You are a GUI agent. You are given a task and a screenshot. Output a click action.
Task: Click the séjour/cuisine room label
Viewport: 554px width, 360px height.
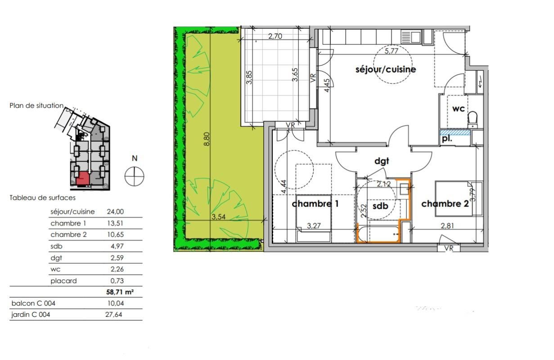(385, 70)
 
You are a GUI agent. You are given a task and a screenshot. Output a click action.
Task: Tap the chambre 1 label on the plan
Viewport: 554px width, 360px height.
(315, 204)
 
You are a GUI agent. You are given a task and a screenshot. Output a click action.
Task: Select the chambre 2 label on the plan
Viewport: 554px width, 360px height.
(445, 204)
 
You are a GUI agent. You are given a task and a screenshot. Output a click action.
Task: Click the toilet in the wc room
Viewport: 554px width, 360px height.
(472, 120)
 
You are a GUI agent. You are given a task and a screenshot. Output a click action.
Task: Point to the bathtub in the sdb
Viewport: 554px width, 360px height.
(378, 234)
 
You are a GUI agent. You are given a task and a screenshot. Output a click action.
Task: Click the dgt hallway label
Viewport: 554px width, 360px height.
(382, 161)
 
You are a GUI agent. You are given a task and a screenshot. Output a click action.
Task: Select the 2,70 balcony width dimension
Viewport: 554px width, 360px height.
(275, 36)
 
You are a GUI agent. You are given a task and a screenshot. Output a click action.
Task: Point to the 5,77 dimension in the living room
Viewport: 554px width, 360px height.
(392, 51)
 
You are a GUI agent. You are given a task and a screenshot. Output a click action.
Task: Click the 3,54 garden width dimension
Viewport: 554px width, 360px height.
(219, 217)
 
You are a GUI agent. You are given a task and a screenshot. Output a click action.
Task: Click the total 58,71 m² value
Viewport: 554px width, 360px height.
(119, 292)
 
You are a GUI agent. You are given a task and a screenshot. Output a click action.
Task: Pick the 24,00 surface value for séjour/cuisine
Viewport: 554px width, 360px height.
(115, 211)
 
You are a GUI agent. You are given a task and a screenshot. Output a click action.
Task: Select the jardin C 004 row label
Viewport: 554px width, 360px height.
(31, 315)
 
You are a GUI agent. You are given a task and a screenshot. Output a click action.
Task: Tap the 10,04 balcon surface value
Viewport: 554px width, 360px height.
(113, 303)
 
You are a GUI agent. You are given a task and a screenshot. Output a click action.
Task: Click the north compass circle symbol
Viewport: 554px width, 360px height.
(134, 175)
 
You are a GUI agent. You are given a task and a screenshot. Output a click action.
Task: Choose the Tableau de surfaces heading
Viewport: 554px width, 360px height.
(43, 198)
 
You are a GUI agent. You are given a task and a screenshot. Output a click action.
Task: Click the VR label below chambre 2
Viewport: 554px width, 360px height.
(449, 248)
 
